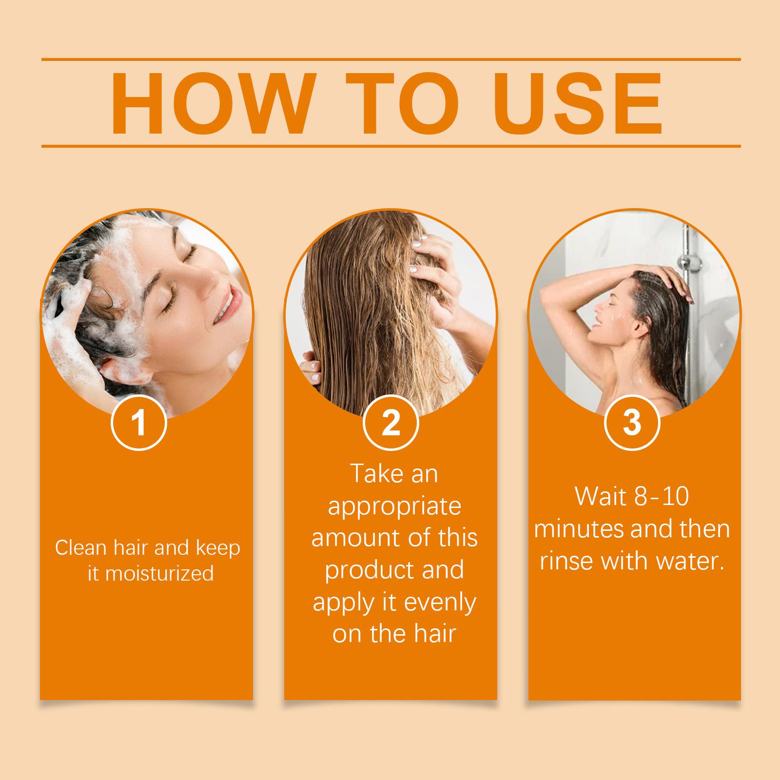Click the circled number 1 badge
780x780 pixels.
139,423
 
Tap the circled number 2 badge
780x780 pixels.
390,423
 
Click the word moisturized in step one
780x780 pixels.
159,573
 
